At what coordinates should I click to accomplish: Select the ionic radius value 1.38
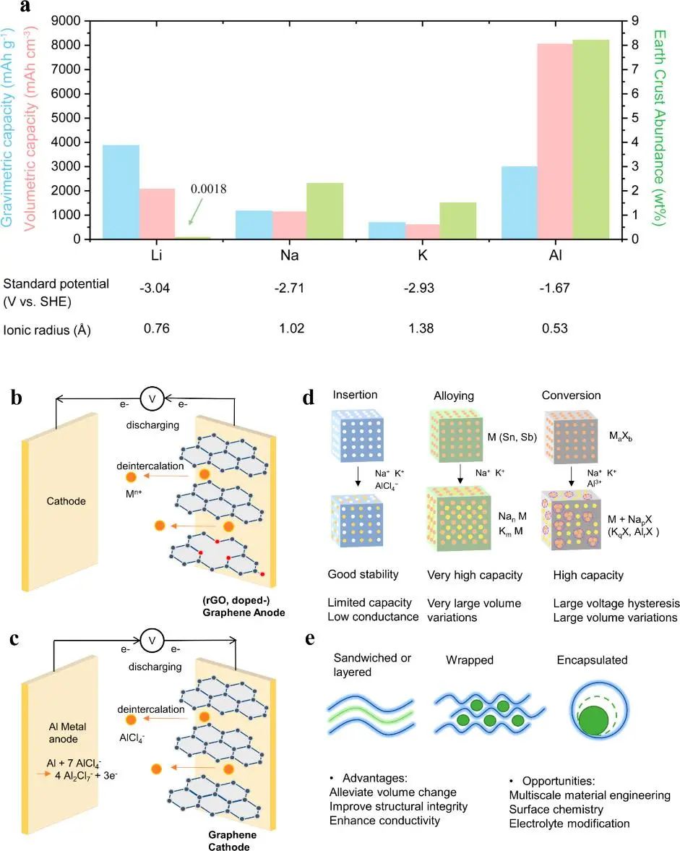click(x=418, y=328)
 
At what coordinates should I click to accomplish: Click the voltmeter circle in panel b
click(x=152, y=398)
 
